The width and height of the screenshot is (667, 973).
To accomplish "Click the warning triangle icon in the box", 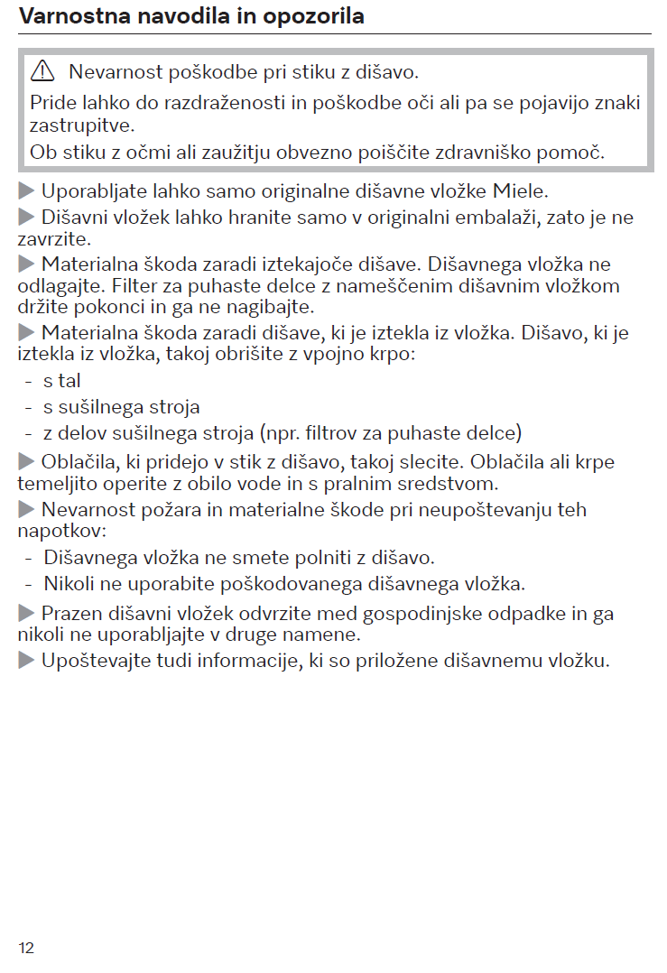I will (42, 71).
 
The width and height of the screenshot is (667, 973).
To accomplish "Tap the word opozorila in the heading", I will (312, 16).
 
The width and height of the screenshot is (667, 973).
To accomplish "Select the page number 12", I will (25, 947).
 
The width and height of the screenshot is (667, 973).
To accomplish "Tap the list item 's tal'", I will (62, 382).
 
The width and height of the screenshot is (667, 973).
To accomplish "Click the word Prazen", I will (70, 615).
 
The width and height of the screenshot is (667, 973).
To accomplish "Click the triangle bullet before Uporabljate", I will (26, 191).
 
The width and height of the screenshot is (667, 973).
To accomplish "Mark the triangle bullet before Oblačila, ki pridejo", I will (26, 462).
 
